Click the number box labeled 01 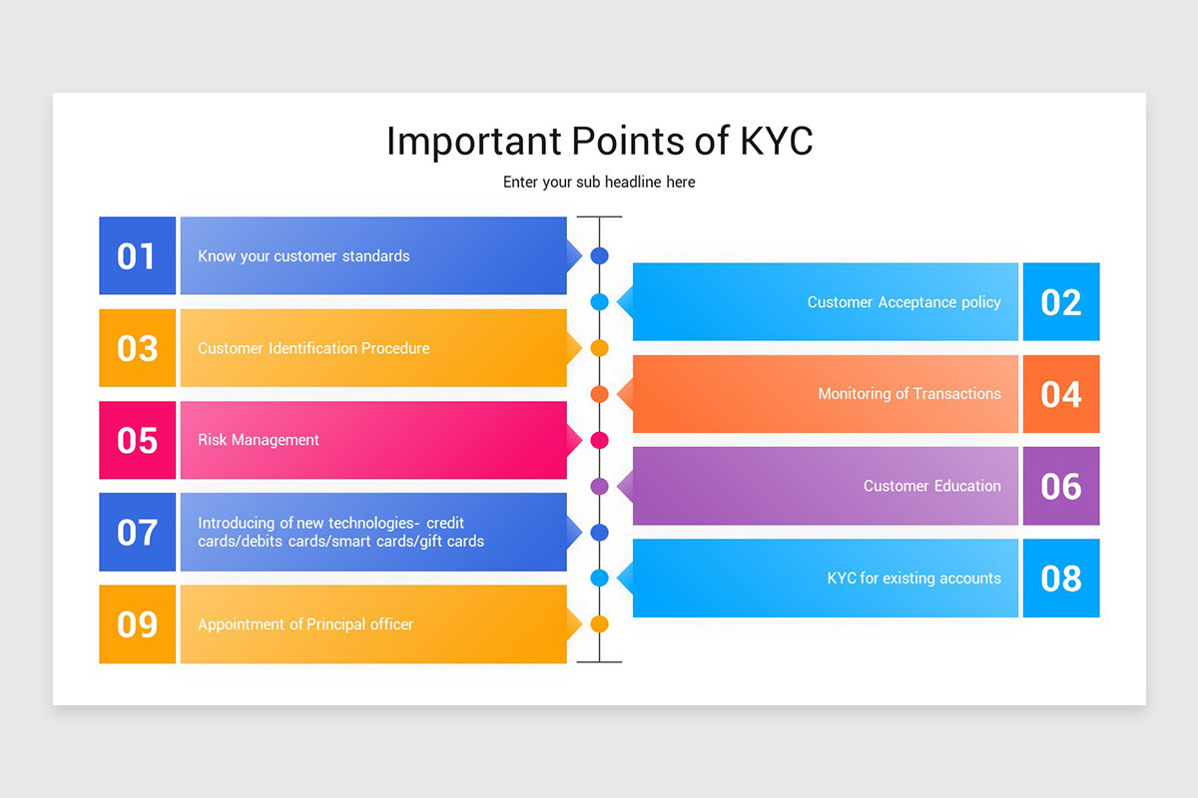pos(138,255)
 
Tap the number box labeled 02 pos(1061,301)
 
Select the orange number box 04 pos(1061,394)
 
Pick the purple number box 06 pos(1061,486)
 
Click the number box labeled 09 pos(138,624)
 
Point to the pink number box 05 pos(138,440)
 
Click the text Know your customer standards pos(303,256)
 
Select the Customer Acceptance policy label pos(903,302)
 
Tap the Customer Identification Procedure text pos(313,348)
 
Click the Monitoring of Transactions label pos(909,394)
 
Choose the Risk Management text pos(259,441)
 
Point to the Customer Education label pos(932,486)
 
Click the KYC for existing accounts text pos(914,579)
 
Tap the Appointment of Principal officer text pos(305,624)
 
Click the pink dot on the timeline pos(600,441)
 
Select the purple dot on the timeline pos(600,487)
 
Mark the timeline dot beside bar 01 pos(600,256)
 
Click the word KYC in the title pos(777,141)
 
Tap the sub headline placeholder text pos(599,183)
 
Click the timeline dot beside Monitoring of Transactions pos(600,394)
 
